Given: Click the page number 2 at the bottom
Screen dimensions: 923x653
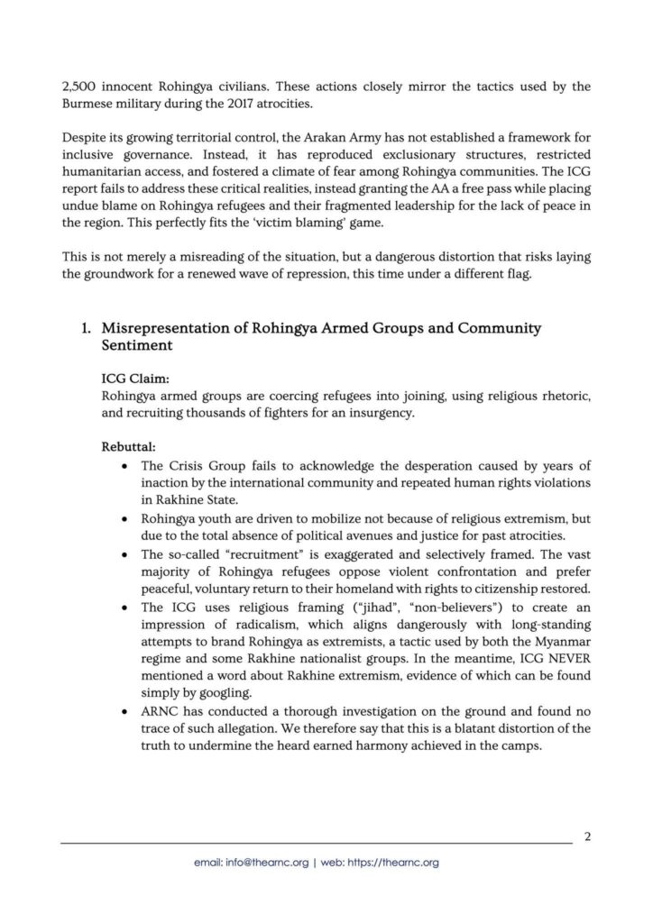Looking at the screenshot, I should pyautogui.click(x=587, y=836).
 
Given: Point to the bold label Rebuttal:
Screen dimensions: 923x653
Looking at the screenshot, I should pyautogui.click(x=131, y=445).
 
